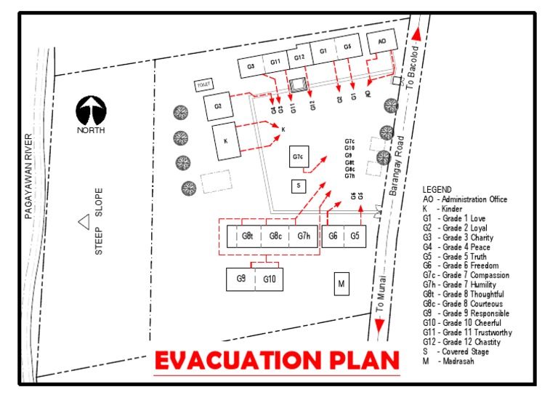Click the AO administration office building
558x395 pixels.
tap(382, 44)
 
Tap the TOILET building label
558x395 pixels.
tap(203, 85)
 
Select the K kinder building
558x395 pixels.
tap(226, 140)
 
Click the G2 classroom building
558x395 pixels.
tap(217, 106)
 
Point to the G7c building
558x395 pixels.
tap(298, 157)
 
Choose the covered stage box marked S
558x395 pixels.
tap(298, 186)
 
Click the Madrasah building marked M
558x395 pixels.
tap(340, 284)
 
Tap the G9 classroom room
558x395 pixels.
tap(240, 279)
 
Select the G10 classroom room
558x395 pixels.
tap(269, 279)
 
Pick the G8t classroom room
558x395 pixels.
tap(248, 236)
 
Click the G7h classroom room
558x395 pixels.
tap(303, 236)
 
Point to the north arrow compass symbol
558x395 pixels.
tap(92, 111)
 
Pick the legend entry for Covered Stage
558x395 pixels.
tap(461, 351)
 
